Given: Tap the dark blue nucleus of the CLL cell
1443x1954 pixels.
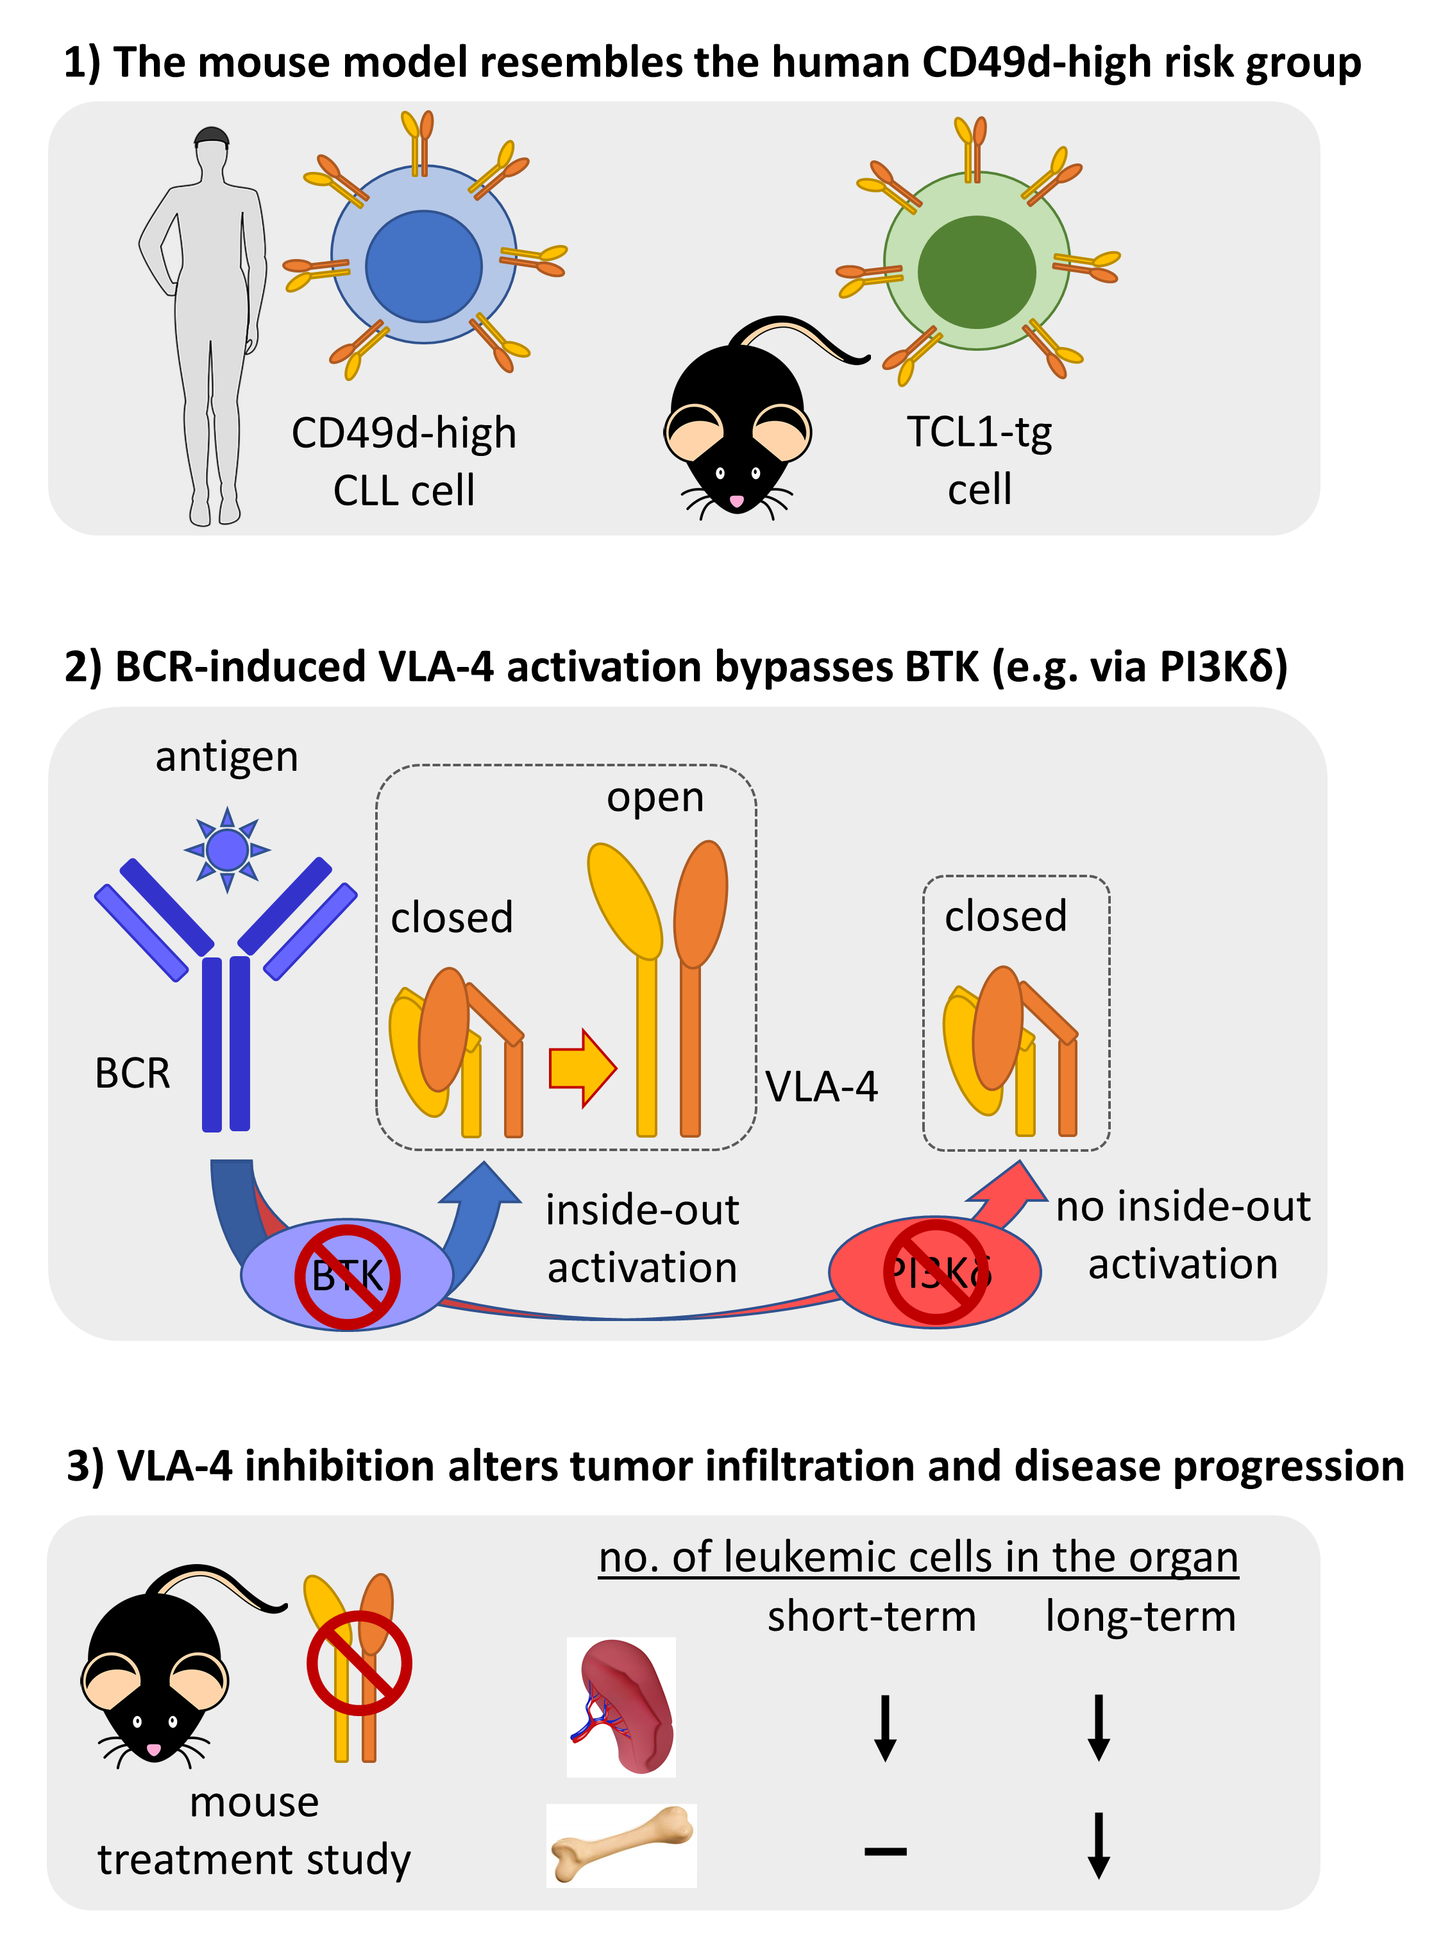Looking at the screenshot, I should pos(424,265).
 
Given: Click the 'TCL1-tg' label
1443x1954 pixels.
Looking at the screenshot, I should pos(979,432).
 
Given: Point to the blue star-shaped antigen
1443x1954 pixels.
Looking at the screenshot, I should pos(227,849).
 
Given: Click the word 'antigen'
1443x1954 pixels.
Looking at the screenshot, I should pos(227,757).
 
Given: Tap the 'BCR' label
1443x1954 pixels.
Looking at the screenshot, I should pos(133,1073).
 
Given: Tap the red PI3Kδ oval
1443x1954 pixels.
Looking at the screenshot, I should pos(934,1272).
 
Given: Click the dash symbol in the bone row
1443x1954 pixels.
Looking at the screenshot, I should pos(885,1850).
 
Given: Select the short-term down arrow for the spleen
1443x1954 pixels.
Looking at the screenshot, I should pos(885,1728).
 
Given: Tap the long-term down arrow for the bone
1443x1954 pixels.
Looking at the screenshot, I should pos(1099,1845).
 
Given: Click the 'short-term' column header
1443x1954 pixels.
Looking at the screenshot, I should pos(872,1616).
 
